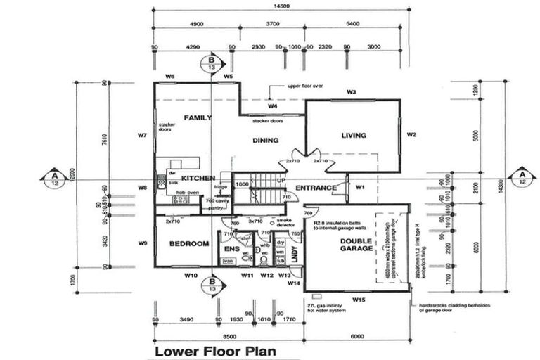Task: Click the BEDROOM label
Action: click(x=190, y=244)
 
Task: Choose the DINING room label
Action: click(x=266, y=140)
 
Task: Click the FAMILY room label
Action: click(x=198, y=117)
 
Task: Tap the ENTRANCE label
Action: click(x=315, y=188)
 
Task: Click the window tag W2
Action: click(x=412, y=135)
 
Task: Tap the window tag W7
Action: click(x=142, y=134)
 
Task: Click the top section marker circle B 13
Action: click(x=212, y=63)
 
